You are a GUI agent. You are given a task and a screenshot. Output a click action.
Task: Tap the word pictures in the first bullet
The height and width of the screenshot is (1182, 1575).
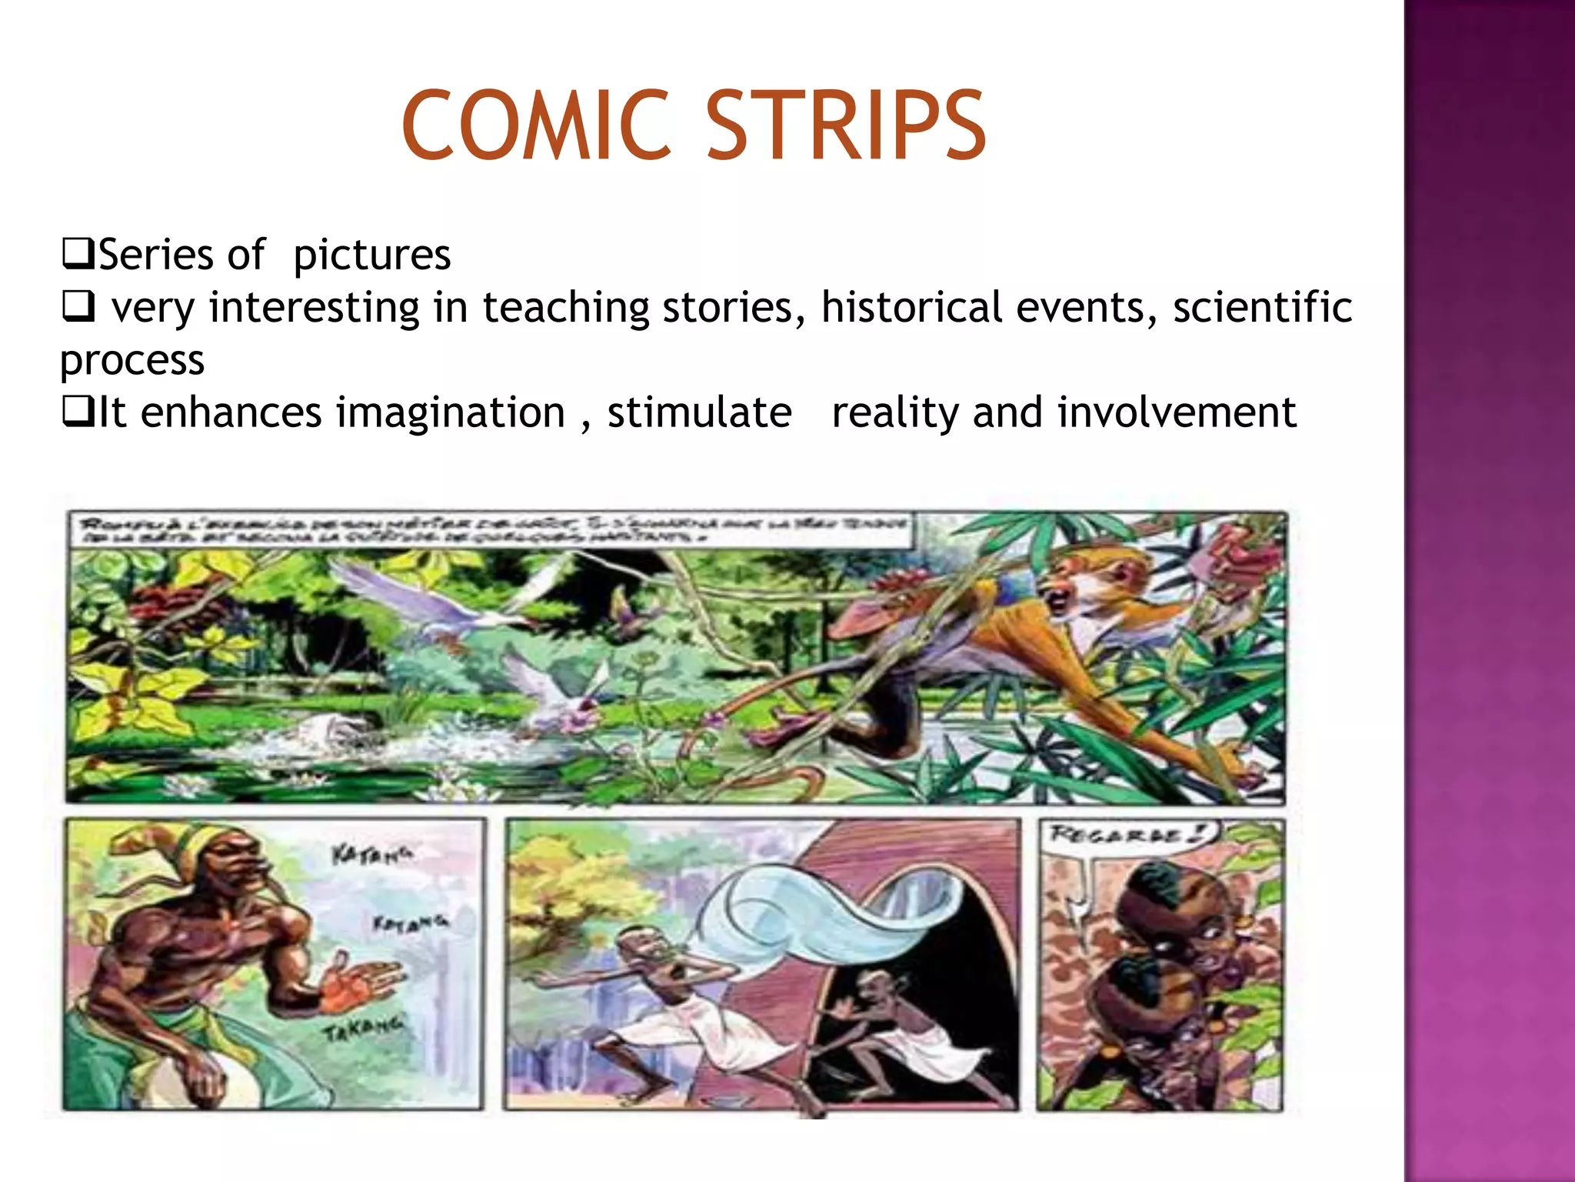(x=371, y=255)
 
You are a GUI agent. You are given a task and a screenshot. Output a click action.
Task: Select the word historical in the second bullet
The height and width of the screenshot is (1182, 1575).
(x=911, y=308)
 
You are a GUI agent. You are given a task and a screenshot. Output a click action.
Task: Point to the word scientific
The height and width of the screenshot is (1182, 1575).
(x=1262, y=308)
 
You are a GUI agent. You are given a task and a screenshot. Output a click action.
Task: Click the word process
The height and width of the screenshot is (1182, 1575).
(x=132, y=361)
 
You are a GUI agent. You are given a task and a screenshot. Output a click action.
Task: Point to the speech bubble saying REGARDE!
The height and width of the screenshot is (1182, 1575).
(x=1127, y=834)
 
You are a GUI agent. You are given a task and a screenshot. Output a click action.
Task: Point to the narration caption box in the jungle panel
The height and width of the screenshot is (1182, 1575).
(x=492, y=529)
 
